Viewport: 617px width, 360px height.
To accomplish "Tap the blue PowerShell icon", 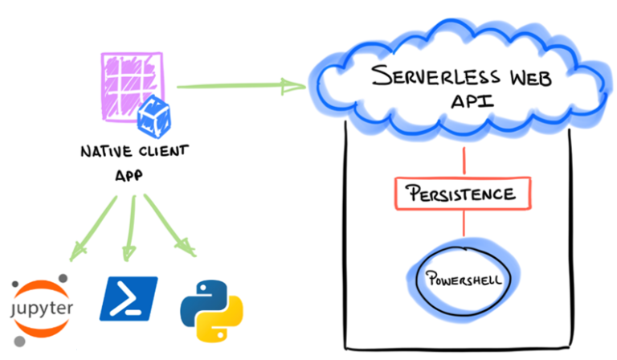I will coord(129,299).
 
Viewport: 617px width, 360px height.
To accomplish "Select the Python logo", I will coord(210,307).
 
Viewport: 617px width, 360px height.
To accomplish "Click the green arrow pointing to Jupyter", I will coord(93,229).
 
